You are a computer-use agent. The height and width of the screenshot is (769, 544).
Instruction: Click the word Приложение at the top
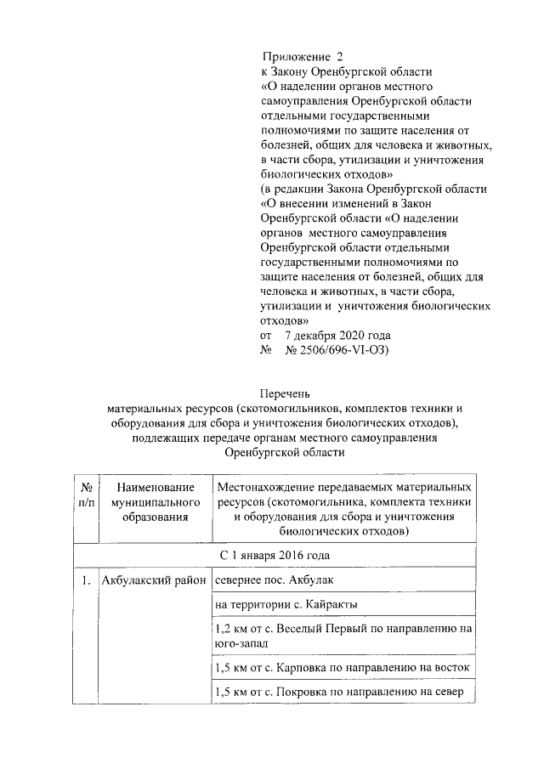click(292, 56)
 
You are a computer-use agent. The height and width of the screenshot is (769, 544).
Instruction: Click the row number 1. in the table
click(86, 582)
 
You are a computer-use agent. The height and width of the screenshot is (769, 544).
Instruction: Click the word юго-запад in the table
click(243, 644)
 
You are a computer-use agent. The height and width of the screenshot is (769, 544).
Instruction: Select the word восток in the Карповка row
click(450, 668)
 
